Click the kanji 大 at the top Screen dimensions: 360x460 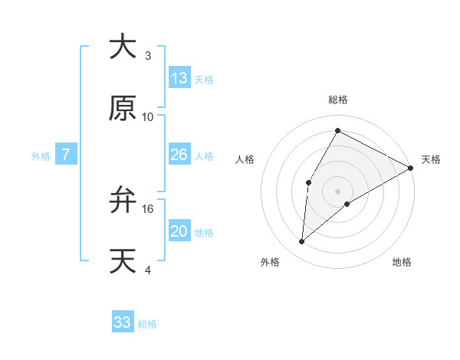[x=123, y=47]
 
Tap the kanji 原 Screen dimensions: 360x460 [x=123, y=108]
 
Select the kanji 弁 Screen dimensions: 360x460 [x=123, y=200]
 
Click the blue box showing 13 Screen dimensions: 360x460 [x=179, y=78]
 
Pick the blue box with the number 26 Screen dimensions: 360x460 [x=179, y=155]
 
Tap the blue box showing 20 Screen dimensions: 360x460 [x=179, y=232]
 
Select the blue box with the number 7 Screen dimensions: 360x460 [x=66, y=155]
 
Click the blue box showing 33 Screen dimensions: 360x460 [x=123, y=322]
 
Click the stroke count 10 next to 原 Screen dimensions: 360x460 [x=148, y=116]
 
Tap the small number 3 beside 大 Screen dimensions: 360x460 [x=148, y=56]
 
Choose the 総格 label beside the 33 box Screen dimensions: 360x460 [x=147, y=324]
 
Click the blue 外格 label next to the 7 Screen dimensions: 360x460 [x=41, y=156]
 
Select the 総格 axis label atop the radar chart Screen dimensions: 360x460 [x=338, y=100]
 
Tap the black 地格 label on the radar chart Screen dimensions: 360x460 [x=402, y=263]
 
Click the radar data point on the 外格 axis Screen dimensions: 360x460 [x=302, y=242]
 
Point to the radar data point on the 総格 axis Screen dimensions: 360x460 [x=337, y=130]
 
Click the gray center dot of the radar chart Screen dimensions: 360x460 [x=337, y=191]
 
